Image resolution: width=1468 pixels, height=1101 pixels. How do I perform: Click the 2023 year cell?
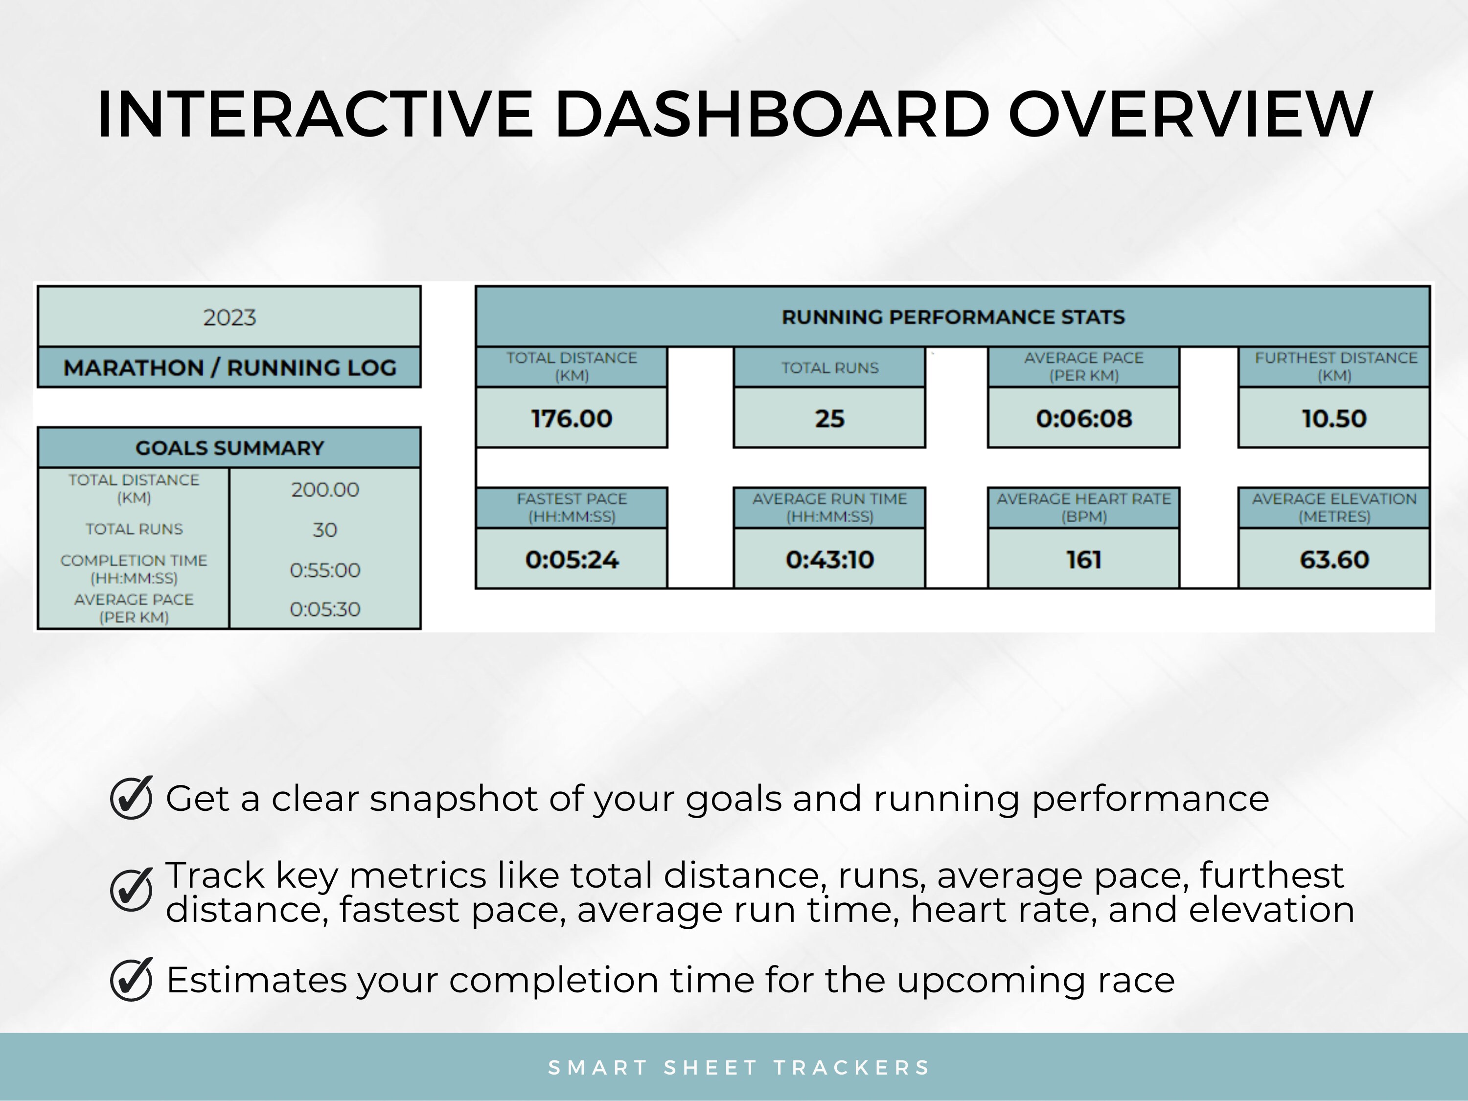tap(229, 317)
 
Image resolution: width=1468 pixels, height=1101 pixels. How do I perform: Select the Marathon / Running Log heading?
tap(229, 367)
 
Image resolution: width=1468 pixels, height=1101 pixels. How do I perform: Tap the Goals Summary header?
tap(229, 448)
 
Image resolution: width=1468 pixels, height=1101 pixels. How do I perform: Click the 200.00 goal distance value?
tap(324, 490)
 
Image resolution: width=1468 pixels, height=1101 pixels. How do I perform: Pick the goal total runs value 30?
tap(324, 529)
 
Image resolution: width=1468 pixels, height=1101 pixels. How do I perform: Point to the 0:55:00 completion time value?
tap(324, 570)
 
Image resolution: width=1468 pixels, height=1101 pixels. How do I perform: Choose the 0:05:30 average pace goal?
tap(324, 609)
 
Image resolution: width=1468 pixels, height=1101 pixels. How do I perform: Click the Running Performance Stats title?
tap(953, 317)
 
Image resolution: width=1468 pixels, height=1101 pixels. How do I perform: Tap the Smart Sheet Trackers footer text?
tap(738, 1067)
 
